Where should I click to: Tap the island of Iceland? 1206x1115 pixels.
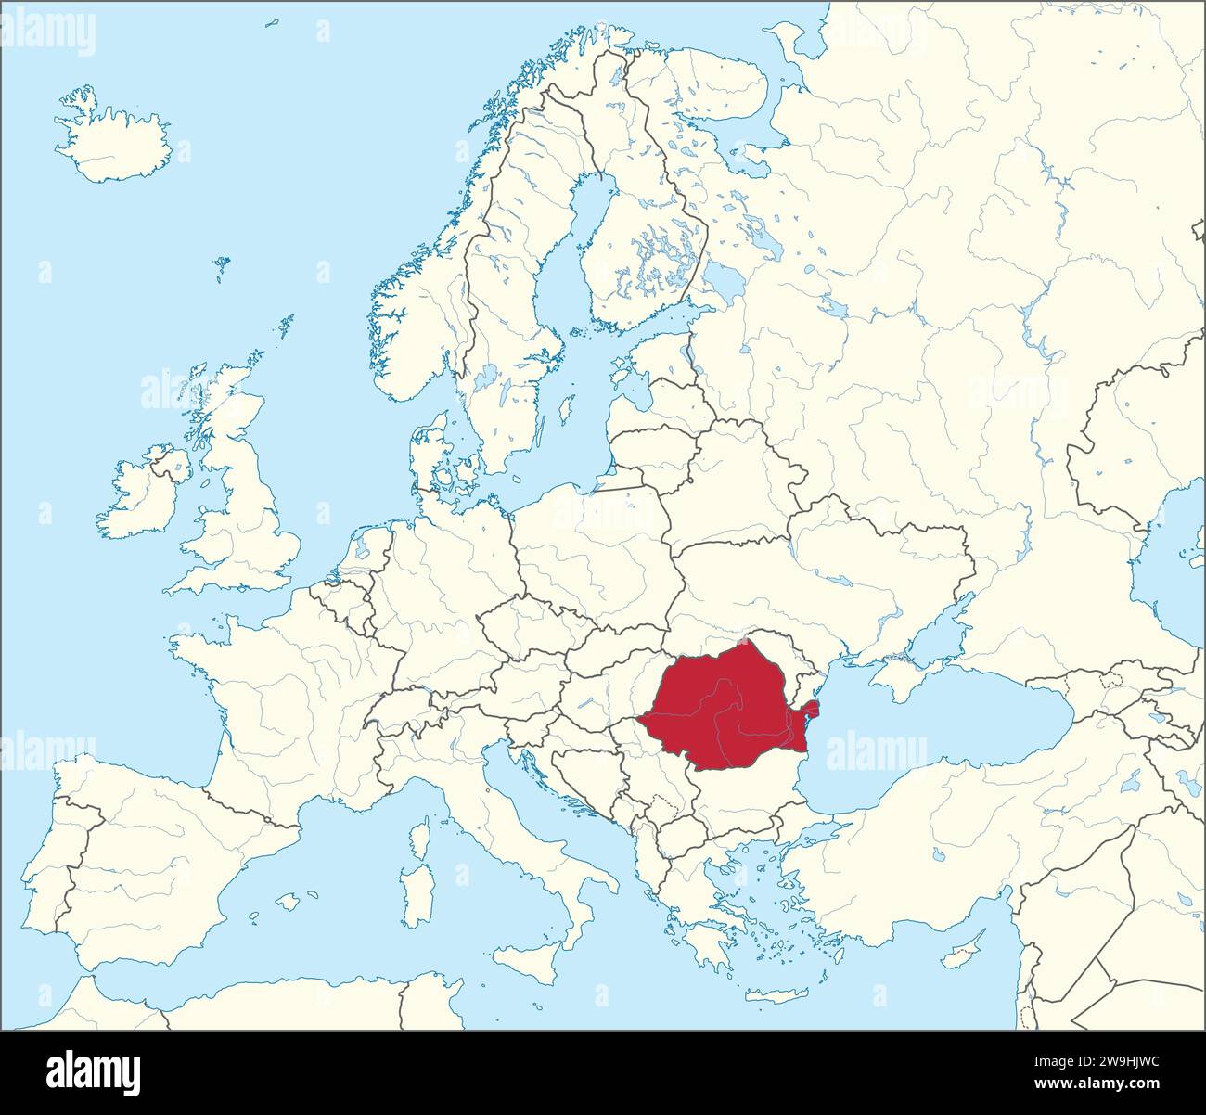coord(111,139)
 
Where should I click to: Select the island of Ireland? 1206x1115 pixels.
coord(139,496)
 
